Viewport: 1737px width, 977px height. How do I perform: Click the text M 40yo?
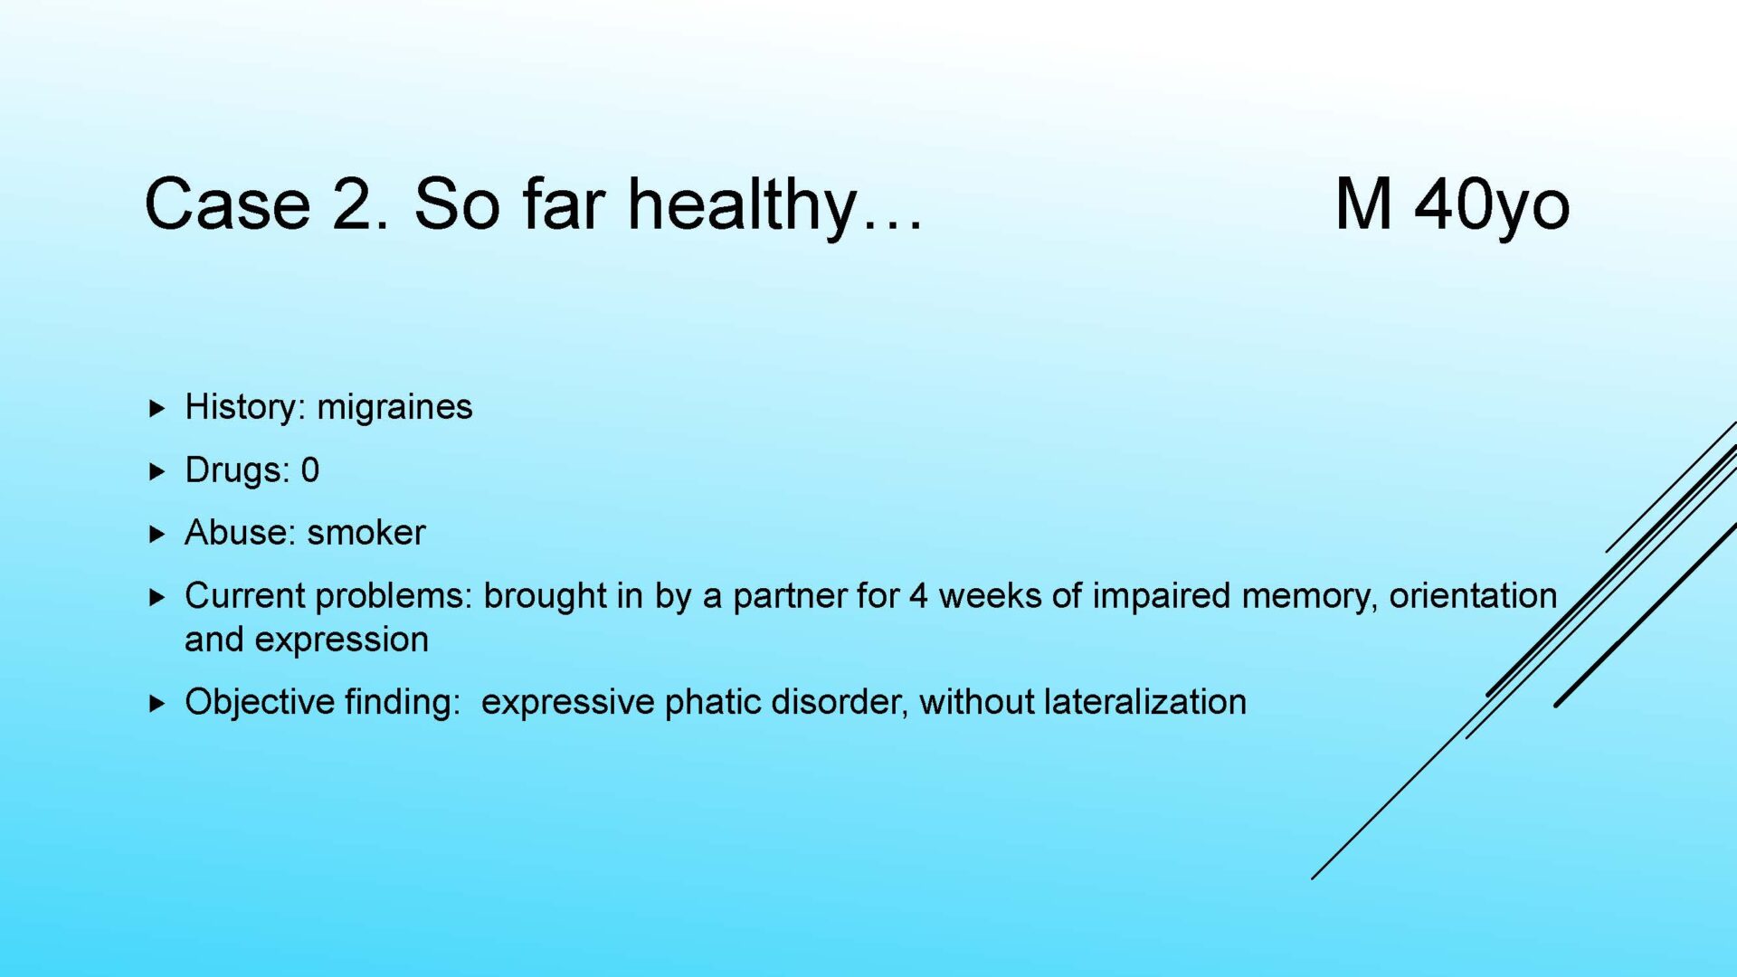(1452, 206)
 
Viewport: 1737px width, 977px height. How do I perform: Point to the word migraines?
(394, 407)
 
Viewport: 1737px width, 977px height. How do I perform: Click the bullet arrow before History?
(157, 408)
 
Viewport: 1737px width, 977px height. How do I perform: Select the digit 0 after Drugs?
(310, 470)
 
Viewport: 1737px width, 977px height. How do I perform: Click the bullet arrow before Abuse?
(157, 534)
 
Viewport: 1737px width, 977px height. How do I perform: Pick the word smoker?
(366, 533)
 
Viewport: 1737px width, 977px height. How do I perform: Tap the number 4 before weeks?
(919, 596)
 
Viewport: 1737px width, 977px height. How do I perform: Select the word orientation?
(1474, 596)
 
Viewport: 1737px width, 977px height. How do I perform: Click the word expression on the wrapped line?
(342, 640)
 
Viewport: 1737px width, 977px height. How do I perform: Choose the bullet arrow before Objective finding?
(157, 703)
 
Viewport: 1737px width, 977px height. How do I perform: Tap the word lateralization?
(1145, 702)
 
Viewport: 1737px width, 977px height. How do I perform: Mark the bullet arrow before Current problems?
(157, 597)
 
